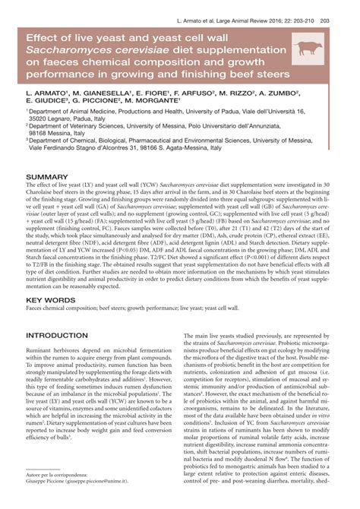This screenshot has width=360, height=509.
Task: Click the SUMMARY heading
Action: (x=47, y=176)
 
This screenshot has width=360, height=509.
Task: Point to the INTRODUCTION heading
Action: (x=57, y=335)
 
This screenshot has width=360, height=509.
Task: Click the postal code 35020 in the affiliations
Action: (x=43, y=119)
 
